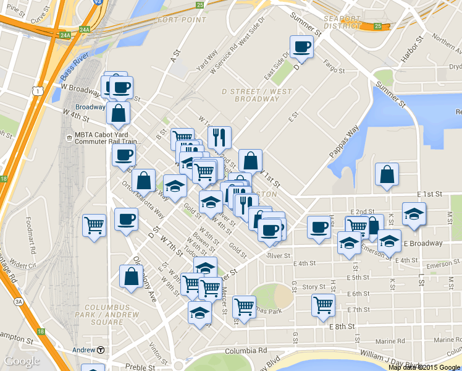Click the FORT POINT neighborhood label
182,20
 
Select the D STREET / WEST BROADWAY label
257,95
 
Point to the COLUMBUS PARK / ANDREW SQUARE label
107,314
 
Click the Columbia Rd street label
229,352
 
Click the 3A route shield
20,302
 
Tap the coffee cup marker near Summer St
301,46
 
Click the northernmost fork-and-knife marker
219,138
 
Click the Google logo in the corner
22,361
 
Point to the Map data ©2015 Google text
425,367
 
